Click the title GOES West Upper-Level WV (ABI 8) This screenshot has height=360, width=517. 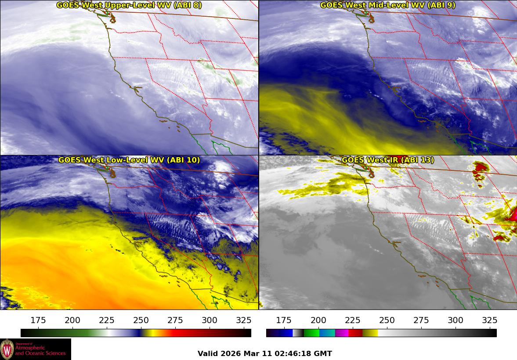point(129,5)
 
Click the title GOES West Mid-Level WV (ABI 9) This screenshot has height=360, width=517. point(387,5)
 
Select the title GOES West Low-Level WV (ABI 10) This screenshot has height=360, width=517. point(129,160)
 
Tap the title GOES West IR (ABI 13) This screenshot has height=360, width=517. point(387,160)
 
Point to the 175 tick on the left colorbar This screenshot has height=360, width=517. point(39,320)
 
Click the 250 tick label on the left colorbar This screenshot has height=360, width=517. point(141,320)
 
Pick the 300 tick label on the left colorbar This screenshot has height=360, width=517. point(210,320)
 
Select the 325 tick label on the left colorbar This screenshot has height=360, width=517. point(244,320)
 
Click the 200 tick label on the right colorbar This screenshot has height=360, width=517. point(318,320)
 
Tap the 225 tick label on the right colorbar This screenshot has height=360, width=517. point(353,320)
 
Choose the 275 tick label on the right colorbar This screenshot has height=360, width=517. point(421,320)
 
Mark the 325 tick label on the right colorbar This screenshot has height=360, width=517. point(490,320)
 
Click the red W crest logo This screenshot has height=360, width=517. point(7,349)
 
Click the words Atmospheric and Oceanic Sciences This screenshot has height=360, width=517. point(40,350)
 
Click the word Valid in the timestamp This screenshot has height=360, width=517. point(207,354)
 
